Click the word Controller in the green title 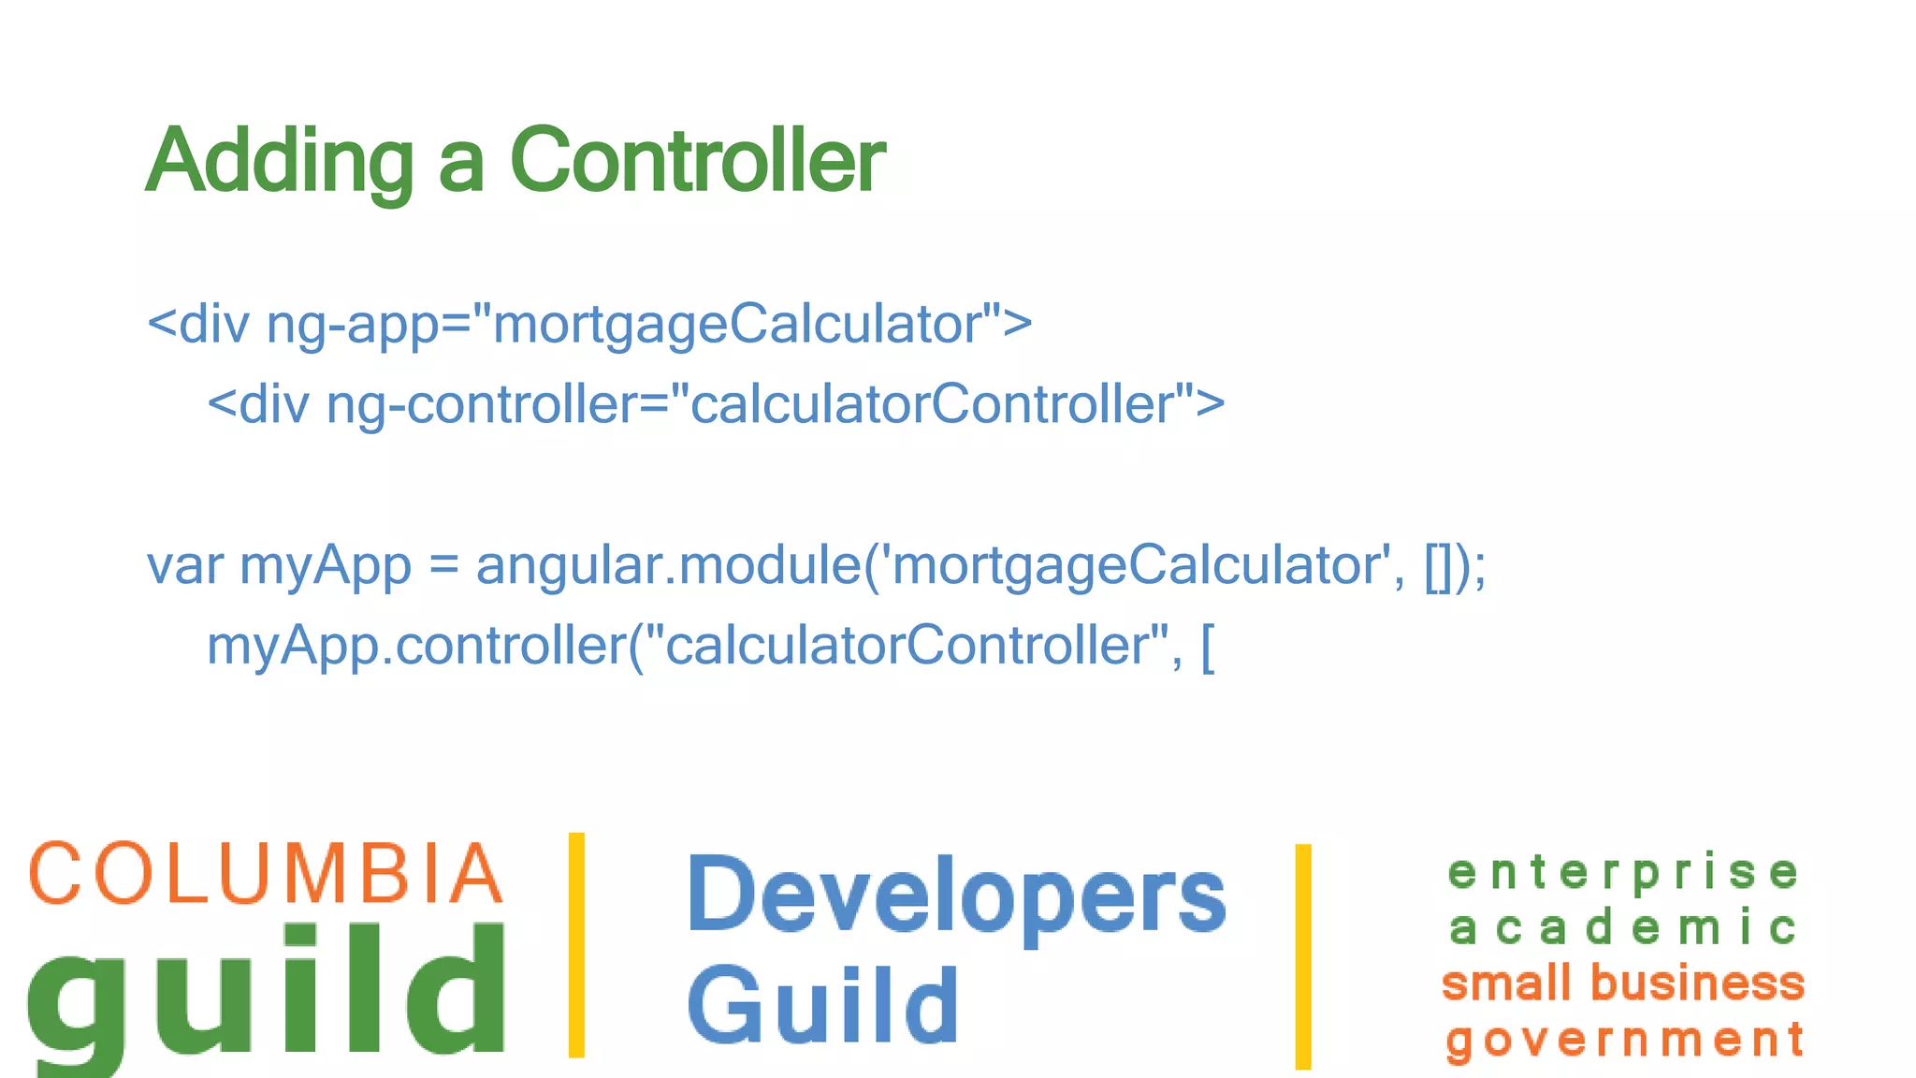[697, 161]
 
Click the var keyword [184, 566]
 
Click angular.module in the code [668, 566]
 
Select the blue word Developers [956, 896]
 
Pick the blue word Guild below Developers [823, 1006]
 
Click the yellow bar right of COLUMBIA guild [577, 945]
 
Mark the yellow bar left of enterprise [1303, 956]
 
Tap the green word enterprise [1623, 873]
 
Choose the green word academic [1623, 928]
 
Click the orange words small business [1623, 983]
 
